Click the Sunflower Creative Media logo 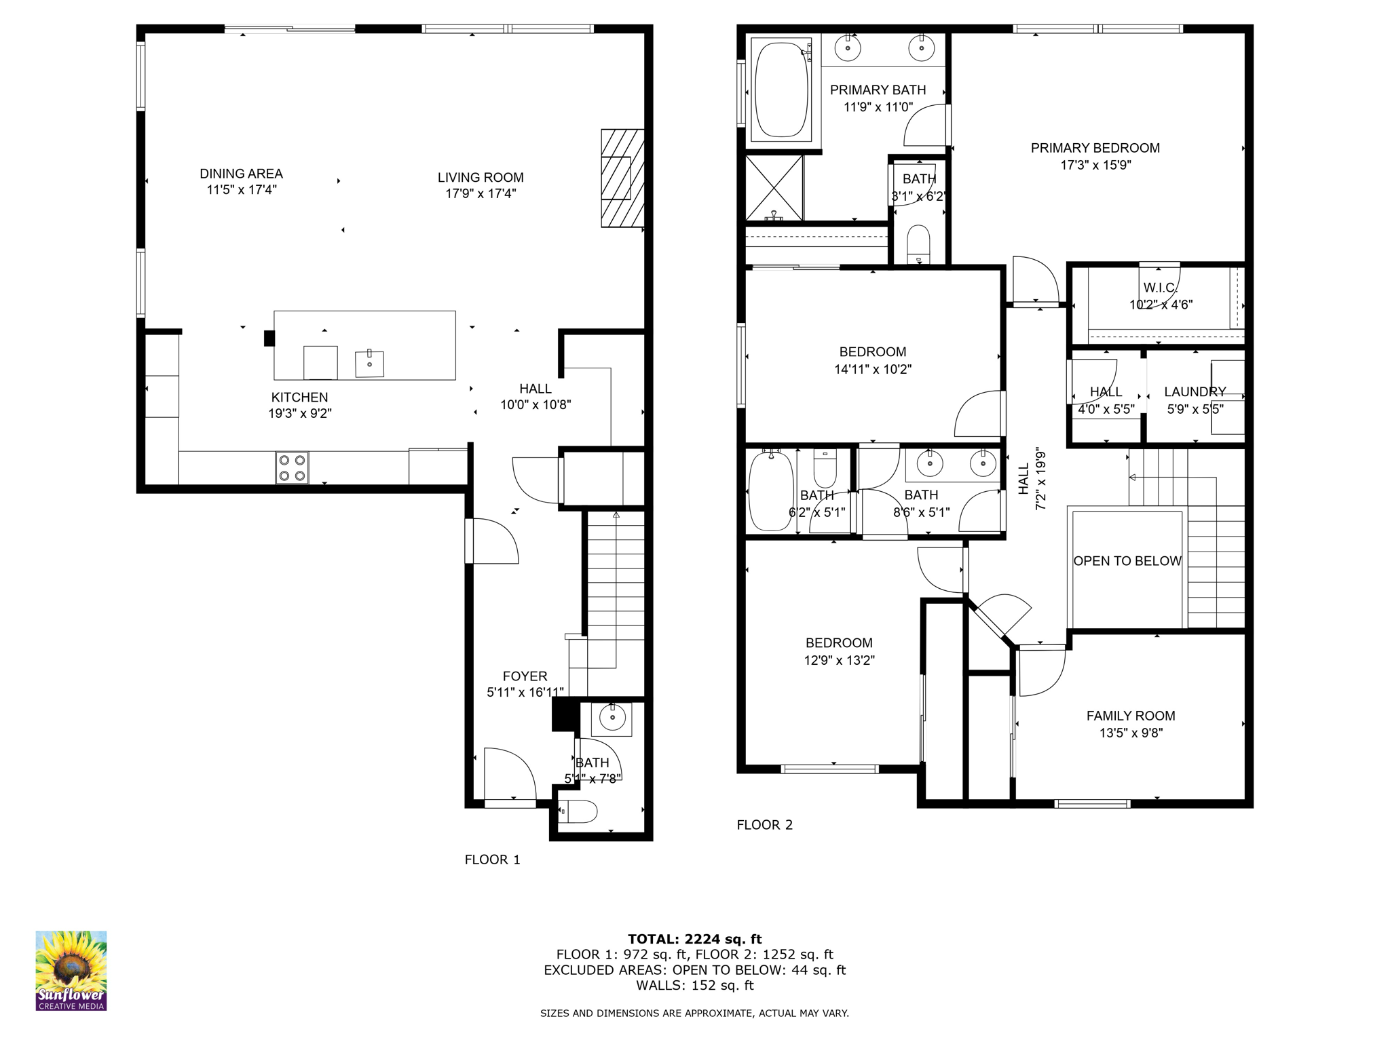(71, 970)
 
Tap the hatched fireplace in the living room (622, 178)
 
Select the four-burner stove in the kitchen (292, 467)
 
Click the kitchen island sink (369, 364)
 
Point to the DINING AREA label (241, 174)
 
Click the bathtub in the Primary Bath (781, 90)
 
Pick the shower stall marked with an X (774, 187)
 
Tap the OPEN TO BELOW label (1127, 561)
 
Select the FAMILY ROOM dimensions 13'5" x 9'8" (1131, 733)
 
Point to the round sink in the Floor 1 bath (612, 718)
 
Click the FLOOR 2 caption (764, 825)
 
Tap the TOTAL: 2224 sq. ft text (694, 939)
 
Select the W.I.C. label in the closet (1160, 288)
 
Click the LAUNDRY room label (1195, 391)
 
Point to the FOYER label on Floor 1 (525, 676)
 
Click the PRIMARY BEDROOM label (1095, 148)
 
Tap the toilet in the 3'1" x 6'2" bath (918, 243)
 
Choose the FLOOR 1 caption (492, 860)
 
